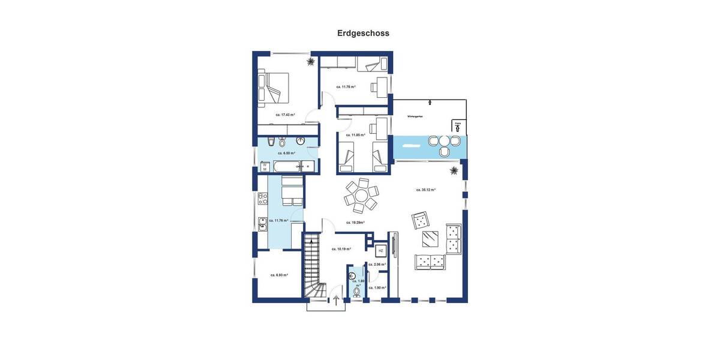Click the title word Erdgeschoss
[x=363, y=34]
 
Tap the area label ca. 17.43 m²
[x=285, y=115]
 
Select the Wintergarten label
[x=415, y=116]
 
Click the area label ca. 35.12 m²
[x=425, y=190]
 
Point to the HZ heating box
[x=380, y=251]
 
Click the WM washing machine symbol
[x=264, y=167]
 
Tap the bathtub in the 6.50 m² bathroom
[x=294, y=166]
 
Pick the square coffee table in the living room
[x=430, y=239]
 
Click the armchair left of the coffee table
[x=421, y=220]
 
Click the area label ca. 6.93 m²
[x=278, y=275]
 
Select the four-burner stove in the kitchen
[x=262, y=198]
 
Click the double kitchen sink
[x=262, y=224]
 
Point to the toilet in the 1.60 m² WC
[x=356, y=292]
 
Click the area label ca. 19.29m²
[x=355, y=223]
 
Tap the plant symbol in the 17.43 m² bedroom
[x=310, y=61]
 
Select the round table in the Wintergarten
[x=443, y=141]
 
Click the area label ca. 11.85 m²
[x=355, y=135]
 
